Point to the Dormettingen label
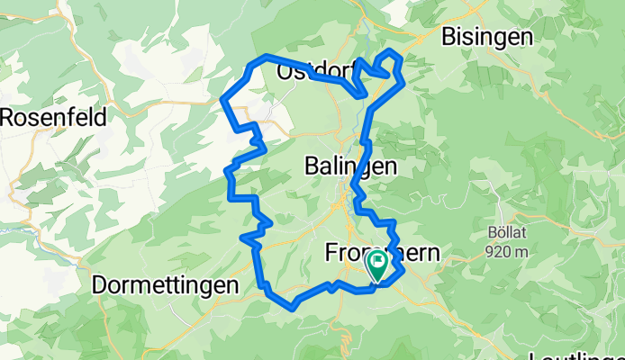coord(166,284)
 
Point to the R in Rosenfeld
coord(7,117)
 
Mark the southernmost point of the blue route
coord(294,308)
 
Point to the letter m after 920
coord(521,252)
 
